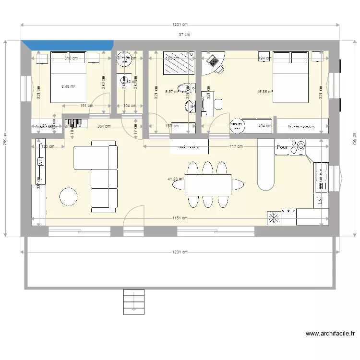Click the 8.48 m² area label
click(68, 87)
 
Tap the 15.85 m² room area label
click(264, 92)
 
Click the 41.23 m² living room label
click(176, 179)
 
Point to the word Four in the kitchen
click(282, 147)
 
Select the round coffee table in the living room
click(68, 196)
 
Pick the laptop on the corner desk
click(212, 60)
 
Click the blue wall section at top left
click(67, 45)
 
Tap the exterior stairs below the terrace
click(134, 301)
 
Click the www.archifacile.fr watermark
click(330, 334)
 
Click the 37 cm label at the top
click(184, 34)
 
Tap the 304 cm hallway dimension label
click(104, 127)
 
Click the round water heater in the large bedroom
click(236, 125)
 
